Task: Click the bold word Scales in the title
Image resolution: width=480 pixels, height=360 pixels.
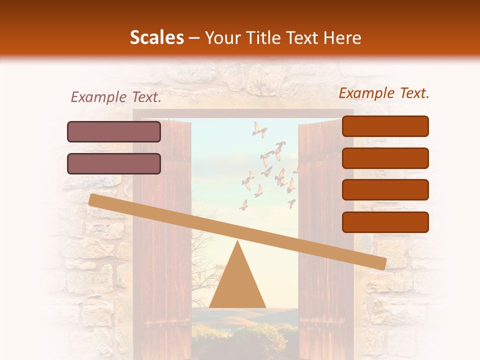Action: point(156,38)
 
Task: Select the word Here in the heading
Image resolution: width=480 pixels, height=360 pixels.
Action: point(343,38)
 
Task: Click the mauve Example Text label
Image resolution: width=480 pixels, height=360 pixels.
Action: point(116,97)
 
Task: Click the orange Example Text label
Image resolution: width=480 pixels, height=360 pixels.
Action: point(384,93)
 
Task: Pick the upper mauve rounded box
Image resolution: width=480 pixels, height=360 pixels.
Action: point(114,131)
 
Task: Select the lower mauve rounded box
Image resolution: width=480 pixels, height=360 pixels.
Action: point(114,163)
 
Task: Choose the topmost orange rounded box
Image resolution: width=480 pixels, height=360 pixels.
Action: point(385,126)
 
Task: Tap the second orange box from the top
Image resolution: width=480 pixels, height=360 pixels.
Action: point(385,158)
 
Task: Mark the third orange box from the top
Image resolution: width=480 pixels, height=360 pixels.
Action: point(385,190)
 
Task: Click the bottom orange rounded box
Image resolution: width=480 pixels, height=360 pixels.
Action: point(385,222)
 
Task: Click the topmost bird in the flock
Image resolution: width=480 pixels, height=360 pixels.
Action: point(258,129)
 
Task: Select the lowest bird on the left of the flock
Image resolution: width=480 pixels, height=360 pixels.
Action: point(243,205)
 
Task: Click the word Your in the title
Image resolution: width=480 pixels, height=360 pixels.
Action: point(222,38)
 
